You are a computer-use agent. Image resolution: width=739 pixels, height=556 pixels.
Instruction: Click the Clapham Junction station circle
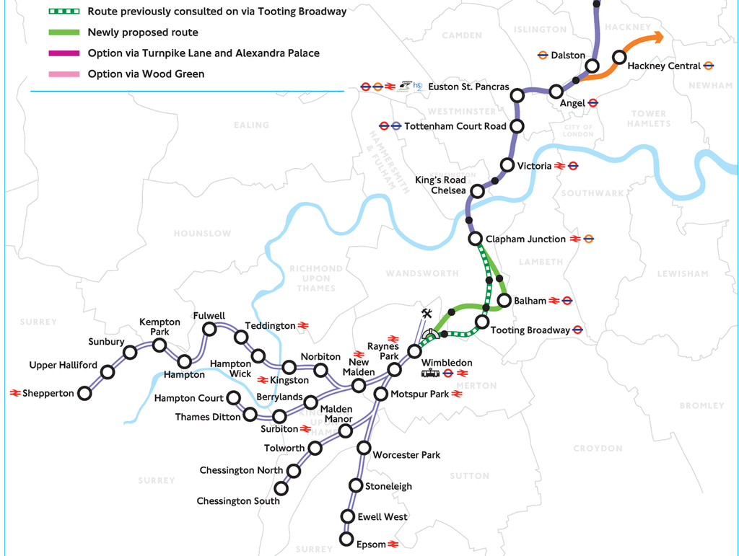pyautogui.click(x=475, y=239)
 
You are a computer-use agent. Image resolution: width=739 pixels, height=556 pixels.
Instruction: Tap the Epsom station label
pyautogui.click(x=371, y=544)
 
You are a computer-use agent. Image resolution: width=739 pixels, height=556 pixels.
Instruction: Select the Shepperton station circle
pyautogui.click(x=84, y=393)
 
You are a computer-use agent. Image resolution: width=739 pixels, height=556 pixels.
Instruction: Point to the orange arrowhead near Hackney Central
pyautogui.click(x=656, y=37)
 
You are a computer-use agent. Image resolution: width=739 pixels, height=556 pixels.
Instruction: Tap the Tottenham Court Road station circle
pyautogui.click(x=517, y=126)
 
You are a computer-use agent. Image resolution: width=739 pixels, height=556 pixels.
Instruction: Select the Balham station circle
pyautogui.click(x=504, y=301)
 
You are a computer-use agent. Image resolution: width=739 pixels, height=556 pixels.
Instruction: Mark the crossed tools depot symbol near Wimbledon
pyautogui.click(x=426, y=314)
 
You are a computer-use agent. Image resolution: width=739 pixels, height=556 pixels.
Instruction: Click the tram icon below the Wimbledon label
pyautogui.click(x=432, y=373)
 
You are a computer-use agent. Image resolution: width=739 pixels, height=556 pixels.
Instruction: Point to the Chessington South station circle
pyautogui.click(x=281, y=488)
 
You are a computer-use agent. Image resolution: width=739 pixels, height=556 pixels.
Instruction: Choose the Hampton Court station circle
pyautogui.click(x=234, y=397)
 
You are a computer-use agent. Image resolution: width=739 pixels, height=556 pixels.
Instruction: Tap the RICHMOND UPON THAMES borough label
pyautogui.click(x=315, y=278)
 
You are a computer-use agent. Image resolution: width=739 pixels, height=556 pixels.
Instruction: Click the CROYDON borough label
pyautogui.click(x=598, y=448)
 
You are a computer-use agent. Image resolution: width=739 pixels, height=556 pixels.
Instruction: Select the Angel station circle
pyautogui.click(x=556, y=92)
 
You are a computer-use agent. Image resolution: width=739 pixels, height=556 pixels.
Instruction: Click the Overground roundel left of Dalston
pyautogui.click(x=543, y=55)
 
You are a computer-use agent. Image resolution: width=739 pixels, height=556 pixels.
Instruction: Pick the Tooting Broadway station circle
pyautogui.click(x=482, y=322)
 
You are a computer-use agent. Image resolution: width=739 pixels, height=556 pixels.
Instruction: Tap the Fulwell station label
pyautogui.click(x=209, y=316)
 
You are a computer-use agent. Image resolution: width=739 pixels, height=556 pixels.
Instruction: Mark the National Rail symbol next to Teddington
pyautogui.click(x=304, y=326)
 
